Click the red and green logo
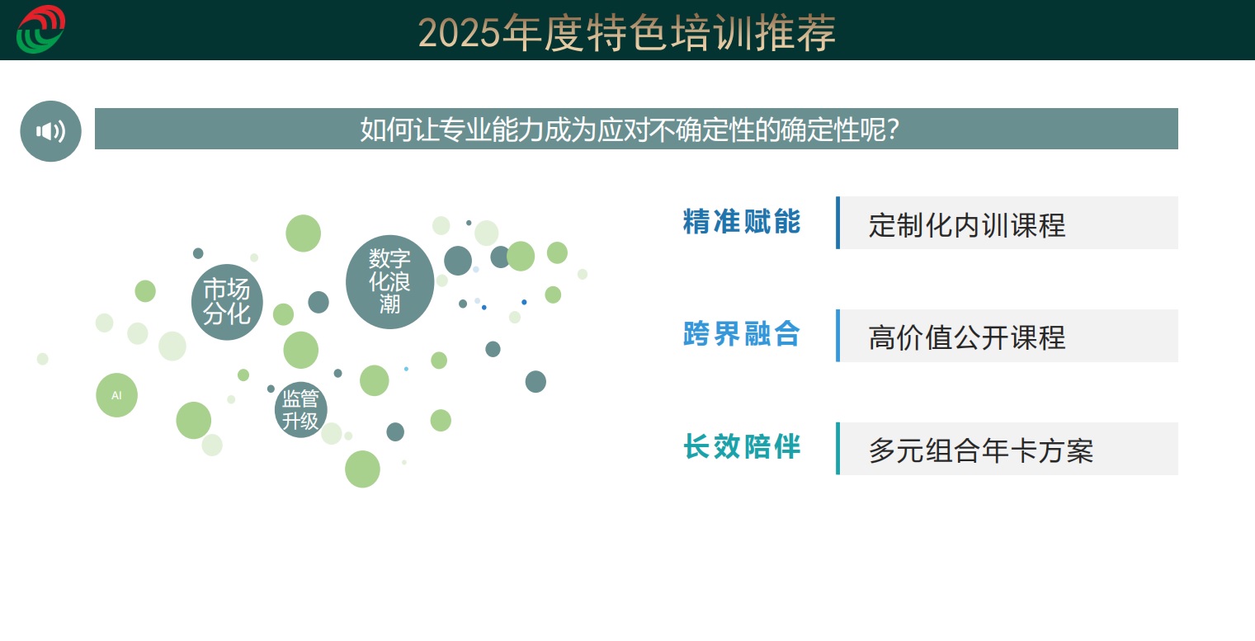[x=41, y=29]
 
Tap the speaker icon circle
[x=50, y=131]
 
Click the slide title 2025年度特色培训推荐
[x=627, y=33]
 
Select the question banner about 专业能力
[x=636, y=129]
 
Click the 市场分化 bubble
[x=227, y=302]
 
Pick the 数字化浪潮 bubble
[x=390, y=282]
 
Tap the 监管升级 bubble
[x=301, y=409]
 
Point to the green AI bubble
[x=116, y=395]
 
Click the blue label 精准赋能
[x=742, y=222]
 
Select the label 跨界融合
[x=742, y=334]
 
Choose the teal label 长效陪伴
[x=742, y=447]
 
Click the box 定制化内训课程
[x=1007, y=223]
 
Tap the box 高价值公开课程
[x=1007, y=336]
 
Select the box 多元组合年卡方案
[x=1007, y=448]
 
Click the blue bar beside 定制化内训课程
[x=837, y=223]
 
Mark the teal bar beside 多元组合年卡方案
[x=837, y=448]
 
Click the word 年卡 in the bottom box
[x=1009, y=450]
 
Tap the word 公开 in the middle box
[x=981, y=338]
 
